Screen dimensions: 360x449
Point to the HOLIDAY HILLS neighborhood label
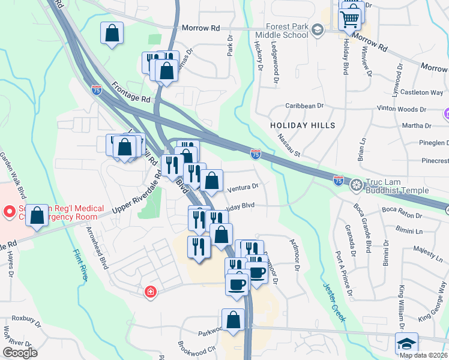pos(303,125)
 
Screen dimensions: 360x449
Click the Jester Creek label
pos(334,302)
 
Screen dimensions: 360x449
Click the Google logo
pos(20,353)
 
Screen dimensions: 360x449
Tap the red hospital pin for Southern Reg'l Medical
pos(9,212)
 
